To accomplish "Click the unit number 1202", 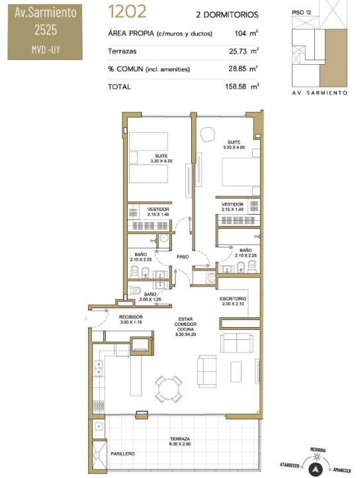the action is pyautogui.click(x=127, y=12).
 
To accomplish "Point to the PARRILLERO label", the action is pyautogui.click(x=122, y=454).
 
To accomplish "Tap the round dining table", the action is pyautogui.click(x=169, y=389).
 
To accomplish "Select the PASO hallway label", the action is pyautogui.click(x=183, y=257).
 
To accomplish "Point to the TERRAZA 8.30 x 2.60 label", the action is pyautogui.click(x=180, y=442).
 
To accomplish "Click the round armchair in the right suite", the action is pyautogui.click(x=207, y=134).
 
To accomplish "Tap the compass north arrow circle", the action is pyautogui.click(x=316, y=469).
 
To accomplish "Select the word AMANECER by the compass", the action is pyautogui.click(x=341, y=470).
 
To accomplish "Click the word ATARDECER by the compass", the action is pyautogui.click(x=290, y=465).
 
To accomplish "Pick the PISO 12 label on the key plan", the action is pyautogui.click(x=301, y=13).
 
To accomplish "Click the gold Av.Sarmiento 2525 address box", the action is pyautogui.click(x=45, y=32).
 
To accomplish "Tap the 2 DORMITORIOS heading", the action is pyautogui.click(x=227, y=15).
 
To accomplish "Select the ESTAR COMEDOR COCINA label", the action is pyautogui.click(x=185, y=327).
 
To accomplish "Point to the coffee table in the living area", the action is pyautogui.click(x=236, y=372).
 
